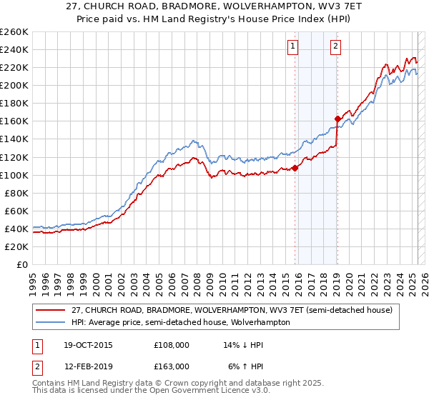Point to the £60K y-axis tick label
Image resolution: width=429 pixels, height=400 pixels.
coord(16,211)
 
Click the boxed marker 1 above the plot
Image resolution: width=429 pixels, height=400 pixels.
coord(293,47)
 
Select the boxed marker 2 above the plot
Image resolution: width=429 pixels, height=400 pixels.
coord(335,47)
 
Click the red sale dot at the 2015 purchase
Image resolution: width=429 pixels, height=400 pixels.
coord(295,168)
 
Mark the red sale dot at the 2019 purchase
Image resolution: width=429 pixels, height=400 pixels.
coord(337,119)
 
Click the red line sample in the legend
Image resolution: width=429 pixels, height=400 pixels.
coord(50,311)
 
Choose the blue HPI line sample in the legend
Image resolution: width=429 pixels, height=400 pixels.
coord(50,322)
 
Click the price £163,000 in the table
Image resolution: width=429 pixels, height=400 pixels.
coord(171,366)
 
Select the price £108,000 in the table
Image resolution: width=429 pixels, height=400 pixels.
coord(171,344)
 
